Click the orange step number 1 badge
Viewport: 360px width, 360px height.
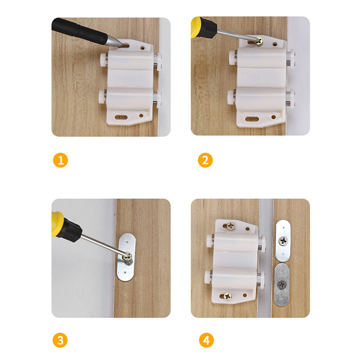tap(60, 160)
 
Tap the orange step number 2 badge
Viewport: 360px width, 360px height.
tap(205, 160)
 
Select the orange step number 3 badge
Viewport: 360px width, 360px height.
tap(60, 340)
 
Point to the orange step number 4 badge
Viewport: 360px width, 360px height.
tap(207, 340)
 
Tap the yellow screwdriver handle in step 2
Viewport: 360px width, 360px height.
tap(195, 27)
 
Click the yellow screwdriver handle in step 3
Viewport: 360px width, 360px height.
tap(57, 224)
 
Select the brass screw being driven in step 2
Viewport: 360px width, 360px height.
tap(260, 41)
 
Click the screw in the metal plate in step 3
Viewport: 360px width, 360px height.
tap(127, 256)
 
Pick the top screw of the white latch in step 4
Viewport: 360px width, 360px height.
tap(231, 226)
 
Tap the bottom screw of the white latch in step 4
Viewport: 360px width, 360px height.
tap(228, 297)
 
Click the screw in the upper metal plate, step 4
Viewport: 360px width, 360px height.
tap(283, 241)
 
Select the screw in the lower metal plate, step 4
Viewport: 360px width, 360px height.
tap(282, 285)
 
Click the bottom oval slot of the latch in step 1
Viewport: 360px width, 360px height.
tap(121, 117)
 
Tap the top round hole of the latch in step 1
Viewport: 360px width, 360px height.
tap(143, 48)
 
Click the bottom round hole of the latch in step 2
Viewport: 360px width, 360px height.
tap(274, 117)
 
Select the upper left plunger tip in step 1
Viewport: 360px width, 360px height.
tap(103, 60)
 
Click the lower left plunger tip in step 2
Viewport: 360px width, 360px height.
tap(231, 97)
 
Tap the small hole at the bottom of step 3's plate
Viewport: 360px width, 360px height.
tap(125, 273)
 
